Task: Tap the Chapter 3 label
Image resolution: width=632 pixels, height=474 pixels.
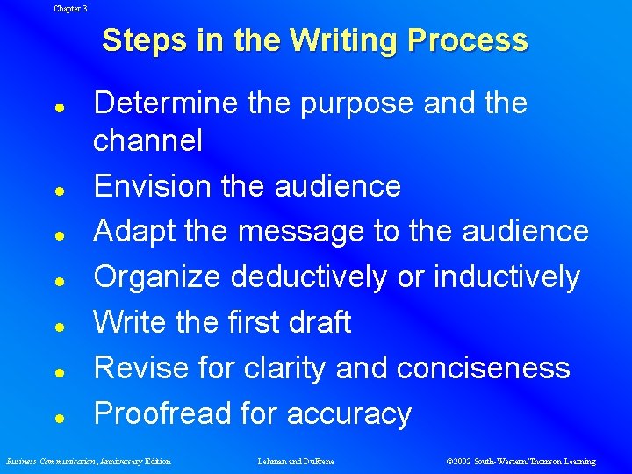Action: point(70,8)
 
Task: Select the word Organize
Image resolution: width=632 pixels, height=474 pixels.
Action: point(157,277)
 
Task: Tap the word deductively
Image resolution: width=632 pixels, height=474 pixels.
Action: point(309,277)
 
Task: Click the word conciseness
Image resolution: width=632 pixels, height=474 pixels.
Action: point(483,368)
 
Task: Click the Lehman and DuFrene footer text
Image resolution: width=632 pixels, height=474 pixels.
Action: point(296,461)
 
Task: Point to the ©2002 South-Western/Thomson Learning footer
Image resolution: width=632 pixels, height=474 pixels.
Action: point(521,461)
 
